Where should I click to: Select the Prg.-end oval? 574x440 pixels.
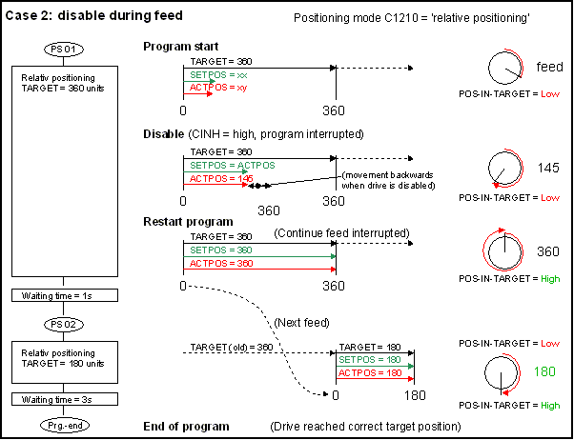(x=65, y=422)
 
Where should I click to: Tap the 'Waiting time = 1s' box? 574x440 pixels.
(x=65, y=296)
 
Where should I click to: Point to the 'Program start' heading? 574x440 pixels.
(x=181, y=47)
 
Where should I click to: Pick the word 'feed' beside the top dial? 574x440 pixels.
(x=549, y=68)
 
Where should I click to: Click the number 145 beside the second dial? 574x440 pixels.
(x=546, y=168)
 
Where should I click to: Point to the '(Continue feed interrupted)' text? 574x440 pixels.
(x=340, y=233)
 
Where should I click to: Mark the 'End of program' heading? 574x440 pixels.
(x=186, y=425)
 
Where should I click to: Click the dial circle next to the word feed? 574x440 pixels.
(x=505, y=68)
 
